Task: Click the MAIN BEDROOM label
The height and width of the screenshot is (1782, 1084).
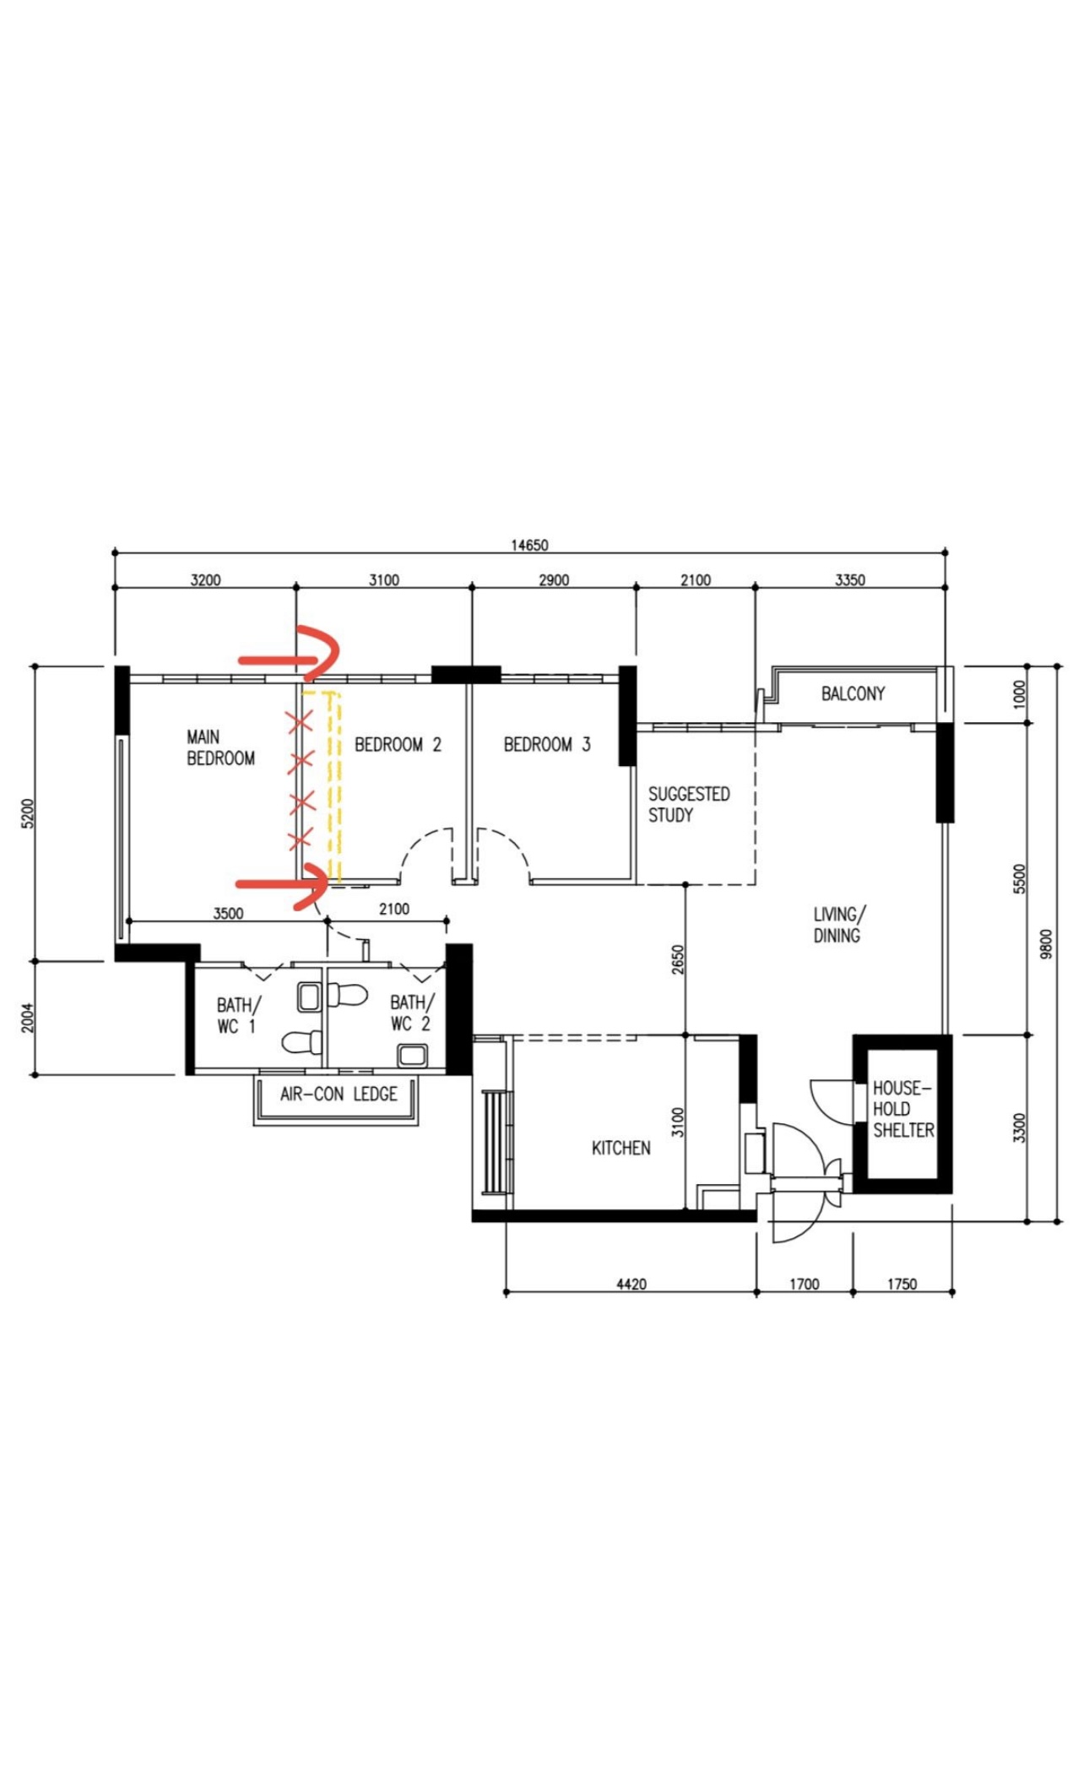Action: point(220,747)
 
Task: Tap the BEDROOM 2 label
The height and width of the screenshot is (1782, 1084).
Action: point(398,744)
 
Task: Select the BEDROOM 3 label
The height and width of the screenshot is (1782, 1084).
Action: point(546,744)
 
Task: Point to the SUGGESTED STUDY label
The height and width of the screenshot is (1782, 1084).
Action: point(688,804)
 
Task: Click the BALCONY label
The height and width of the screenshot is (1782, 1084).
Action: point(853,693)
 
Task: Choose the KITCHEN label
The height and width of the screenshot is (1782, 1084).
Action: point(621,1148)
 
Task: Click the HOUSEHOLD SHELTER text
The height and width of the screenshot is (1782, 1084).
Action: point(902,1109)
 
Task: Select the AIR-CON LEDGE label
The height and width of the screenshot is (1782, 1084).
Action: point(339,1094)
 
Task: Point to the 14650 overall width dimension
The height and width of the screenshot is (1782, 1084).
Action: point(529,545)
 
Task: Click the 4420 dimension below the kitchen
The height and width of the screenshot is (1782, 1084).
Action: point(631,1284)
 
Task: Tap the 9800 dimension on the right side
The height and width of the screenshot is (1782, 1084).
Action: point(1046,943)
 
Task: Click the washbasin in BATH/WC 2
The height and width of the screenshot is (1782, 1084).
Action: point(412,1055)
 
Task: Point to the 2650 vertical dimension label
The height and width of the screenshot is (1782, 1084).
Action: point(677,959)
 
